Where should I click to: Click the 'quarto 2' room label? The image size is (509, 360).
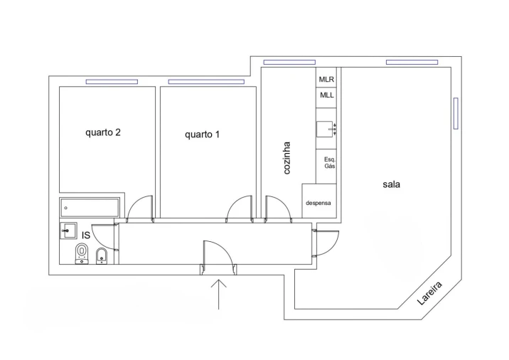tap(107, 132)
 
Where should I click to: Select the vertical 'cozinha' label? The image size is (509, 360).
tap(287, 158)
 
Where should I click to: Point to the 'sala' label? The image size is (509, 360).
tap(391, 184)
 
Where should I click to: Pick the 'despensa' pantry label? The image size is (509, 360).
tap(318, 203)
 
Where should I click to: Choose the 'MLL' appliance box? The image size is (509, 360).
tap(326, 95)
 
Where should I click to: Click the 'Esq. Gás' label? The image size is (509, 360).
tap(329, 162)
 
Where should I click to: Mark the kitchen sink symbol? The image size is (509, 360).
tap(326, 129)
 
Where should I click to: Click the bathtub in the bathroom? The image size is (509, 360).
tap(91, 208)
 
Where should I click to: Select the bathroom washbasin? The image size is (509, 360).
tap(69, 230)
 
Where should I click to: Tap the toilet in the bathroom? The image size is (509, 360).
tap(82, 253)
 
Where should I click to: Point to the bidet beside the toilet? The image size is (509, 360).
tap(101, 255)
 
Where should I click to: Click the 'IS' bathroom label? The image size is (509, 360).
tap(85, 235)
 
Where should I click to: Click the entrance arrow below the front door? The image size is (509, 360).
tap(220, 293)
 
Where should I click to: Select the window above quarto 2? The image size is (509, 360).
tap(112, 82)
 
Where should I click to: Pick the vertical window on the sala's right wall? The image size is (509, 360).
tap(455, 113)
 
